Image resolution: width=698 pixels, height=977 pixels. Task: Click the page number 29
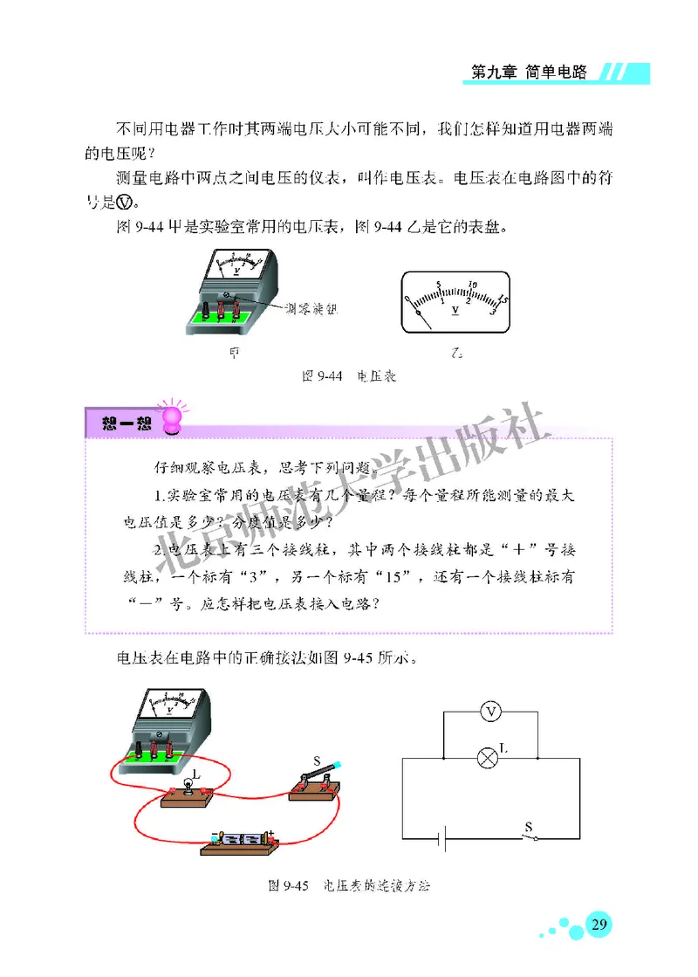point(598,925)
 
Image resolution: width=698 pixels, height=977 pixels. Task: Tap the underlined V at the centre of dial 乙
point(455,311)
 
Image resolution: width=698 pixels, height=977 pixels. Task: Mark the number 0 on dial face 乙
point(408,301)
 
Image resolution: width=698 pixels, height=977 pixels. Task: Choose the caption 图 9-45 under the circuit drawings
point(348,886)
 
